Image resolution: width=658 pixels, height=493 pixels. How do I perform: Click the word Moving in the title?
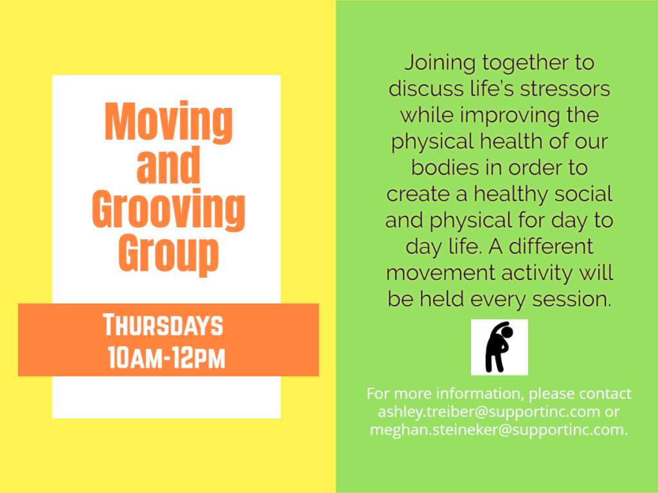point(168,122)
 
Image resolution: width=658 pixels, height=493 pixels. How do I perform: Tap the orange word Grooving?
point(168,210)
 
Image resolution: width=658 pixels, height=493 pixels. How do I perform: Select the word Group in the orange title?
point(168,254)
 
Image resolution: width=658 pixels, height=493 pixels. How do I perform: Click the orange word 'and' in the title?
point(168,165)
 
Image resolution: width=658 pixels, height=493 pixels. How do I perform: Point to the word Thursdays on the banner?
point(163,325)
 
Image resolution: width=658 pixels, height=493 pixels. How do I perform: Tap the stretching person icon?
point(499,347)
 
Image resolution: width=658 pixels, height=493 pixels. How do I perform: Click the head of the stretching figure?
point(507,332)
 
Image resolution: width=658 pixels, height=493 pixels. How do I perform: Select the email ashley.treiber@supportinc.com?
point(489,411)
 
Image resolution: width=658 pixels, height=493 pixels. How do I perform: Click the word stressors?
point(565,89)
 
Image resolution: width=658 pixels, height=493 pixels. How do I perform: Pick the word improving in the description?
point(510,116)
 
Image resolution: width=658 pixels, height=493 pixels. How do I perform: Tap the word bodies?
point(445,168)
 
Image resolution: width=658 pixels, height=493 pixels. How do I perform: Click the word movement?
point(441,273)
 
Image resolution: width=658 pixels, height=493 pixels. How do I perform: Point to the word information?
point(481,394)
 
